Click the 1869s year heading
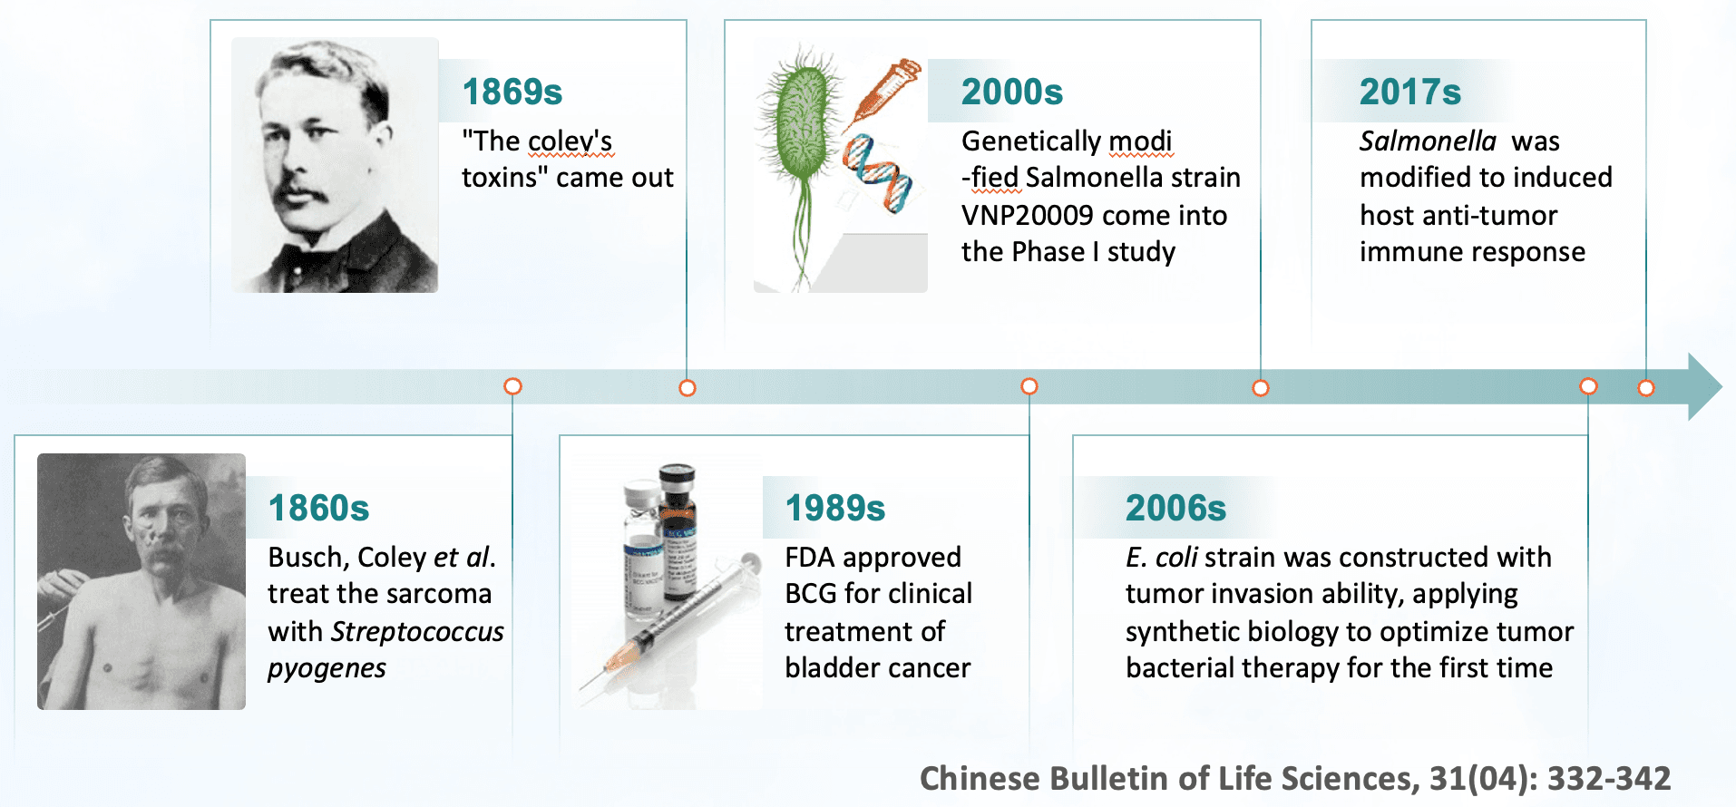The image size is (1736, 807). pyautogui.click(x=512, y=92)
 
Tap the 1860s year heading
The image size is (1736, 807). pyautogui.click(x=319, y=508)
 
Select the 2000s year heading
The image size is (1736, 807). pyautogui.click(x=1012, y=92)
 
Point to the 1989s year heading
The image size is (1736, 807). pyautogui.click(x=835, y=508)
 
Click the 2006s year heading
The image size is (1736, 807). pyautogui.click(x=1176, y=508)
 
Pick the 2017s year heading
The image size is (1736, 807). pyautogui.click(x=1410, y=92)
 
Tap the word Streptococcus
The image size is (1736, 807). pyautogui.click(x=418, y=631)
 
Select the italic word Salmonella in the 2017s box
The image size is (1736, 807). pyautogui.click(x=1428, y=141)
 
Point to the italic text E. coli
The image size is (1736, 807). pyautogui.click(x=1162, y=557)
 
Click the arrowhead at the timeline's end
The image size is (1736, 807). pyautogui.click(x=1705, y=386)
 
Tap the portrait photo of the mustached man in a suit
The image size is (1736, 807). pyautogui.click(x=335, y=165)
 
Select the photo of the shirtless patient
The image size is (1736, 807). pyautogui.click(x=141, y=581)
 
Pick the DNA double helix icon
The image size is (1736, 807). pyautogui.click(x=877, y=172)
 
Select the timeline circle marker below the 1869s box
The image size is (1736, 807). pyautogui.click(x=688, y=388)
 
